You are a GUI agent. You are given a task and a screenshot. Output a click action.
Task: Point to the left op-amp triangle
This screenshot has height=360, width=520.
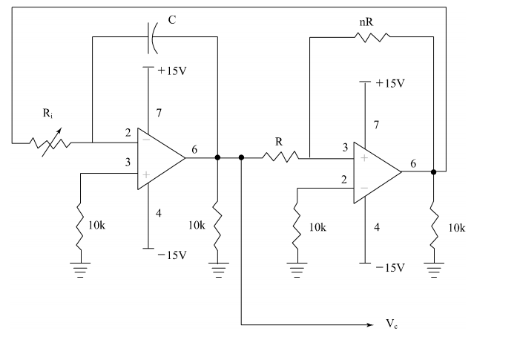click(159, 157)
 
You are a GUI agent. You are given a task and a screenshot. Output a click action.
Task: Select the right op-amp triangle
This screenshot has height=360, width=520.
click(376, 172)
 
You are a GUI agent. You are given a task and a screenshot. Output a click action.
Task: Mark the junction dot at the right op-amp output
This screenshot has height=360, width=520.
click(434, 171)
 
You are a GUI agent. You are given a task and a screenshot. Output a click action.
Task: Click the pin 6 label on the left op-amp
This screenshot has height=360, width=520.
click(194, 149)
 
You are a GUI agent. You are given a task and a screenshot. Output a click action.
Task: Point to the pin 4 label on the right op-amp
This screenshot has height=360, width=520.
click(377, 227)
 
